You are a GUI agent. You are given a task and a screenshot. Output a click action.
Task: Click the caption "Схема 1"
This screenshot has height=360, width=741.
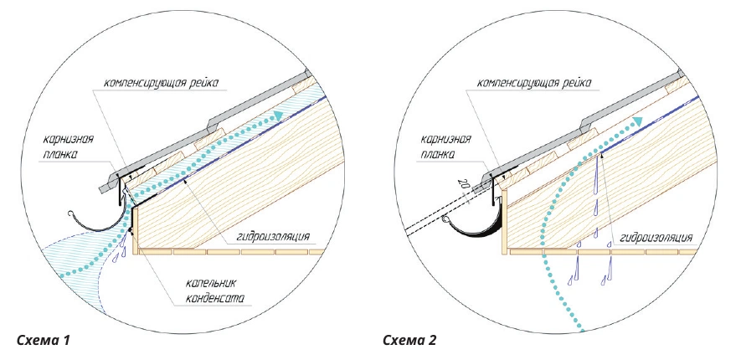coord(44,340)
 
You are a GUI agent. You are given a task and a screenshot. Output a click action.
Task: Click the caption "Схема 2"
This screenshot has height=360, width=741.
coord(409,340)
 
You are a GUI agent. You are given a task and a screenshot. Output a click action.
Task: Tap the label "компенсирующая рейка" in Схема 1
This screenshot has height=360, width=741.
coord(162,84)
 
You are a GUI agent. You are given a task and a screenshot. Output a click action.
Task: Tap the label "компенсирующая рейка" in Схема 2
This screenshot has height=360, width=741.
coord(533,84)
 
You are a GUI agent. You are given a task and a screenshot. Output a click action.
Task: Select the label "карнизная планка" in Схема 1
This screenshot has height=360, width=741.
coord(68,147)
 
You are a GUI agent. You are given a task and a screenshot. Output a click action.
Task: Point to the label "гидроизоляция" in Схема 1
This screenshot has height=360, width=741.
coord(272,236)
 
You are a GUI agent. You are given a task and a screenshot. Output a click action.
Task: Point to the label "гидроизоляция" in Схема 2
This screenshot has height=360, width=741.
coord(656,237)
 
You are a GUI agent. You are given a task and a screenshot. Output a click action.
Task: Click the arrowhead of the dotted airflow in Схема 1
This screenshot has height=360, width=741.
coord(280,116)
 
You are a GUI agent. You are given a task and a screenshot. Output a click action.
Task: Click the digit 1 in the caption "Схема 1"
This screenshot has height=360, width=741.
coord(67,340)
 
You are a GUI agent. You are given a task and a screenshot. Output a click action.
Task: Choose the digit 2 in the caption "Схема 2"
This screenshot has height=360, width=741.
coord(433,340)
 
